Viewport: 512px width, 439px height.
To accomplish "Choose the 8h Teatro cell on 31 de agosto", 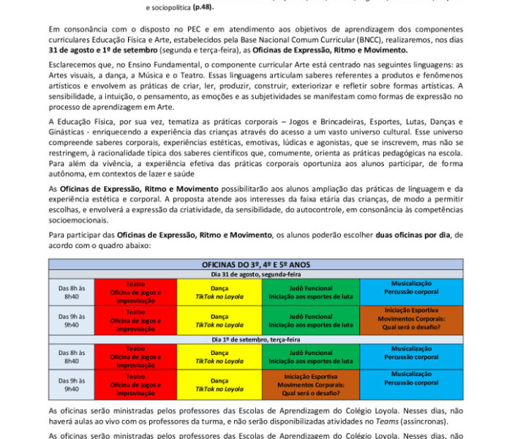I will tap(135, 291).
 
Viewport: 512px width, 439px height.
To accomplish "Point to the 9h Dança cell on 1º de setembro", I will tap(219, 380).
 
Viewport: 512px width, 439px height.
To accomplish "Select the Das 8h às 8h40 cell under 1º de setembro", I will tap(72, 355).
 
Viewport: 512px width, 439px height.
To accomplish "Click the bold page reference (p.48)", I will tap(203, 7).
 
